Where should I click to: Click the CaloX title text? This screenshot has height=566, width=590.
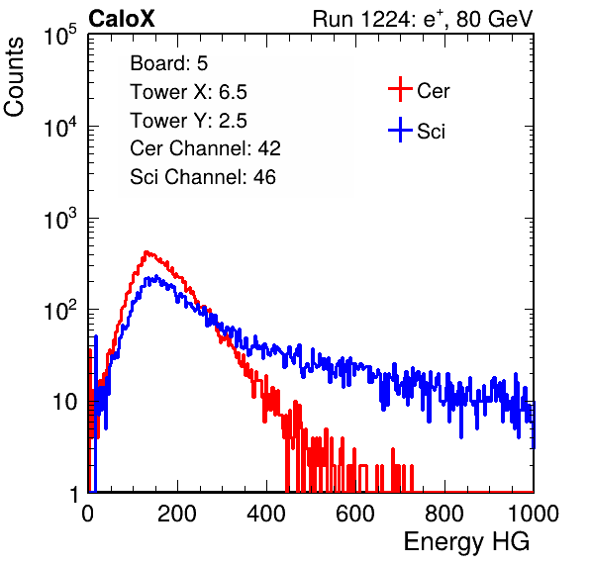click(x=122, y=19)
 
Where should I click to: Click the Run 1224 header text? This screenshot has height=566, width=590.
click(x=423, y=19)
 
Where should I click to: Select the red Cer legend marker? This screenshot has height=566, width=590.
click(x=400, y=89)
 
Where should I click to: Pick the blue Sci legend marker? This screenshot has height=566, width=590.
click(x=400, y=130)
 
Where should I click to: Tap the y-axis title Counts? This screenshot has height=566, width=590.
click(x=14, y=77)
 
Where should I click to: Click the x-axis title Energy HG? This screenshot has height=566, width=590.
click(x=466, y=542)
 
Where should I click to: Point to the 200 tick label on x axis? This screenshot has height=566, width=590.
click(x=177, y=514)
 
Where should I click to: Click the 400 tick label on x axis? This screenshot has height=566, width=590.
click(x=266, y=514)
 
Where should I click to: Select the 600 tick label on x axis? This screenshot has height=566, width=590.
click(x=355, y=514)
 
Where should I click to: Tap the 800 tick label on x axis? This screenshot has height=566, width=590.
click(x=444, y=514)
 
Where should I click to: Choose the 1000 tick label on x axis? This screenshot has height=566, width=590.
click(x=534, y=514)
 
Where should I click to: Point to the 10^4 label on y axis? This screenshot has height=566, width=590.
click(x=60, y=127)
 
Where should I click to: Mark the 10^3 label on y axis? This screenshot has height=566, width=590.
click(x=60, y=219)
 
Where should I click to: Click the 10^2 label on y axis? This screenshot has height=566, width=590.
click(x=60, y=311)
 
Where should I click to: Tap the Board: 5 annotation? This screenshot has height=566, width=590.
click(x=169, y=63)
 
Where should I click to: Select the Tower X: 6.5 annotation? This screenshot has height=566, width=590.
click(x=188, y=92)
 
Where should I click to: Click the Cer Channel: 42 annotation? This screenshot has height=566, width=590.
click(x=206, y=148)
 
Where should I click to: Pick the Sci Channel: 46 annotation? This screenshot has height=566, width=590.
click(x=203, y=177)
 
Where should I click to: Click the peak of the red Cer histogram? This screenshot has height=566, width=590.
click(x=147, y=251)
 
